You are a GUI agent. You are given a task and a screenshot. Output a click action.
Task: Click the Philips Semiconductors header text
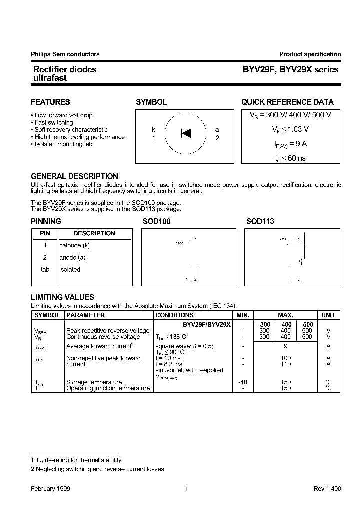[x=65, y=54]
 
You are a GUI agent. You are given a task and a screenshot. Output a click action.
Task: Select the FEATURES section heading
[x=50, y=102]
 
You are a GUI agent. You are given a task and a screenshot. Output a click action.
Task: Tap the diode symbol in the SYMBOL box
[x=185, y=133]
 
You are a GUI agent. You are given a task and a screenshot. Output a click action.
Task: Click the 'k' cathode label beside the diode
[x=154, y=130]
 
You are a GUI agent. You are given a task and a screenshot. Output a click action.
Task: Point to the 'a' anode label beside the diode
[x=217, y=130]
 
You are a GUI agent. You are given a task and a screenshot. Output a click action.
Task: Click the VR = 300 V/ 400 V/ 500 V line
[x=290, y=115]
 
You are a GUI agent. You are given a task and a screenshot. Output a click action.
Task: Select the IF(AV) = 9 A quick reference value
[x=290, y=144]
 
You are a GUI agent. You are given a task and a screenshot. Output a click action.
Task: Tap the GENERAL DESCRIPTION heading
[x=74, y=176]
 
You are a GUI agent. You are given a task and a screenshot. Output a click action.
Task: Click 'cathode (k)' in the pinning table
[x=74, y=245]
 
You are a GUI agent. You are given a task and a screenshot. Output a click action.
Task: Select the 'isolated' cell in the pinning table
[x=70, y=269]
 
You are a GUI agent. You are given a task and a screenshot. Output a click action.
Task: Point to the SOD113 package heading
[x=260, y=221]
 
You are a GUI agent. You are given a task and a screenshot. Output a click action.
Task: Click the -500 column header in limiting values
[x=307, y=325]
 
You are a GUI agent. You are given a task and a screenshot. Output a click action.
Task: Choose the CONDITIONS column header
[x=174, y=315]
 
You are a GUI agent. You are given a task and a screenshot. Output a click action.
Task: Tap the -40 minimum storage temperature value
[x=243, y=382]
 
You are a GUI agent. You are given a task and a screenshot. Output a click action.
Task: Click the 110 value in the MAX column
[x=285, y=364]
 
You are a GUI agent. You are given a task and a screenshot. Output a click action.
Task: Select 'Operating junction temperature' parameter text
[x=108, y=388]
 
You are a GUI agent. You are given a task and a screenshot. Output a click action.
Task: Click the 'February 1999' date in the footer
[x=50, y=489]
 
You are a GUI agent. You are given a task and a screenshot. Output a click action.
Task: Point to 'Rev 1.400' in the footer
[x=327, y=489]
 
